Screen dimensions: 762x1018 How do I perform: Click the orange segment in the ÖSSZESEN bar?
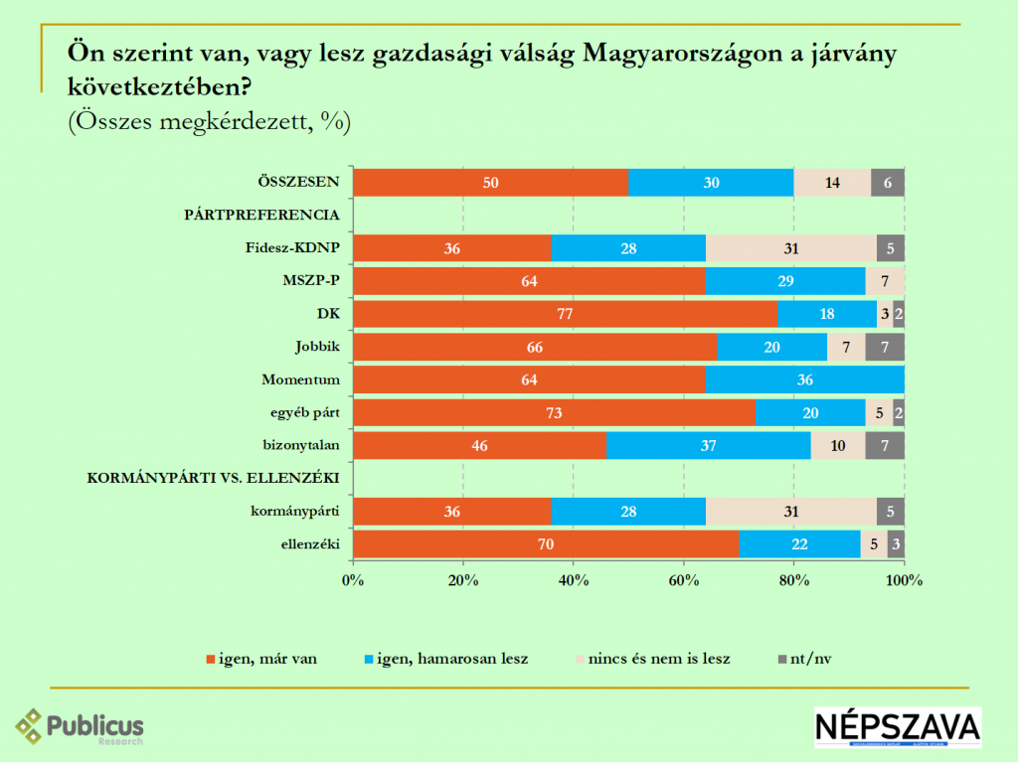[x=490, y=183]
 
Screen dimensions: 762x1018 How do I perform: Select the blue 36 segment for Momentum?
[x=805, y=380]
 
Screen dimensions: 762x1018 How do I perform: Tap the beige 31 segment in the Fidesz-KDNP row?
[x=791, y=248]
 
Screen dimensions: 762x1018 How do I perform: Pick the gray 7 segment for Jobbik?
[x=885, y=347]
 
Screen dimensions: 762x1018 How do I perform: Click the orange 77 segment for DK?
[x=565, y=314]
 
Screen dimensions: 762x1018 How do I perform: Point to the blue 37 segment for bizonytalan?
[x=708, y=445]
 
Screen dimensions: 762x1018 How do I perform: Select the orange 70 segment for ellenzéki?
[x=546, y=543]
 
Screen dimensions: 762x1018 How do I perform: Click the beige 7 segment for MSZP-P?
[x=885, y=281]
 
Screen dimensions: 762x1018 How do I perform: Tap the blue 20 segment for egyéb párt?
[x=810, y=412]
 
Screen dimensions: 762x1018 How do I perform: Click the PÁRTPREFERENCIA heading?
[x=262, y=215]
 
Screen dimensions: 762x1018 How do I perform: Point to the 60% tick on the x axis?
[x=683, y=580]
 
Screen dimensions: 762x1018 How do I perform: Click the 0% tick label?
[x=353, y=580]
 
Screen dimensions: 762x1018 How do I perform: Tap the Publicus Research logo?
[x=80, y=727]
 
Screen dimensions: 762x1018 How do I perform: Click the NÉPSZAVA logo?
[x=897, y=727]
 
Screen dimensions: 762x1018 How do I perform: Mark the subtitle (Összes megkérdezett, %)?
[x=209, y=121]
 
